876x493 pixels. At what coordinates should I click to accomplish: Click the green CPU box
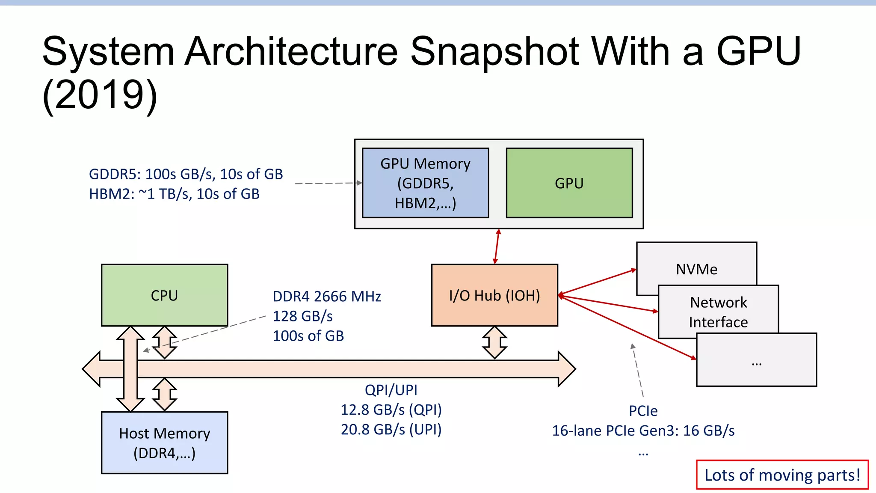(x=165, y=295)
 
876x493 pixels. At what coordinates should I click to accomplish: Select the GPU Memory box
(x=426, y=183)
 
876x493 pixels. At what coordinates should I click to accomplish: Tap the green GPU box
(x=569, y=183)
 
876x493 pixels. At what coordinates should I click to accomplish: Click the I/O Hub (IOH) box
(x=495, y=295)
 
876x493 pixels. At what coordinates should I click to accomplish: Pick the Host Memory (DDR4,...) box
(x=165, y=443)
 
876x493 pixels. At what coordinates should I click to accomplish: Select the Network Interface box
(x=719, y=311)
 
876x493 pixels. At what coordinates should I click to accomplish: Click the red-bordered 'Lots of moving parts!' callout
(x=782, y=475)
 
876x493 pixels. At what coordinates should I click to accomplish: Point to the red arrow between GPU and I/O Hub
(x=497, y=246)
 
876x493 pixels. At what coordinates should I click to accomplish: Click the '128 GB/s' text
(x=303, y=316)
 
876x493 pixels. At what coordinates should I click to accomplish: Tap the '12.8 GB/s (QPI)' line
(x=391, y=410)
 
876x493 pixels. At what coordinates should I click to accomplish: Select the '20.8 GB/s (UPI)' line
(x=391, y=430)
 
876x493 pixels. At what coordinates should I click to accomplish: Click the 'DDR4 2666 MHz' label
(x=327, y=297)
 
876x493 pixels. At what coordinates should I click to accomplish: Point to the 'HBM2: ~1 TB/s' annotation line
(x=174, y=194)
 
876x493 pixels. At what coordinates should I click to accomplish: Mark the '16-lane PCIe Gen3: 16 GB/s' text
(x=643, y=431)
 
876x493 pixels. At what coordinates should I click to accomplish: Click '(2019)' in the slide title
(x=100, y=95)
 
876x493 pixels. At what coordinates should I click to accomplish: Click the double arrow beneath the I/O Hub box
(x=495, y=342)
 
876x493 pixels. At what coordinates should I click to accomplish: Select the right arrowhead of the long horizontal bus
(x=567, y=369)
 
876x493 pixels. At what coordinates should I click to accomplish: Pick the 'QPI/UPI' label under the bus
(x=391, y=390)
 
